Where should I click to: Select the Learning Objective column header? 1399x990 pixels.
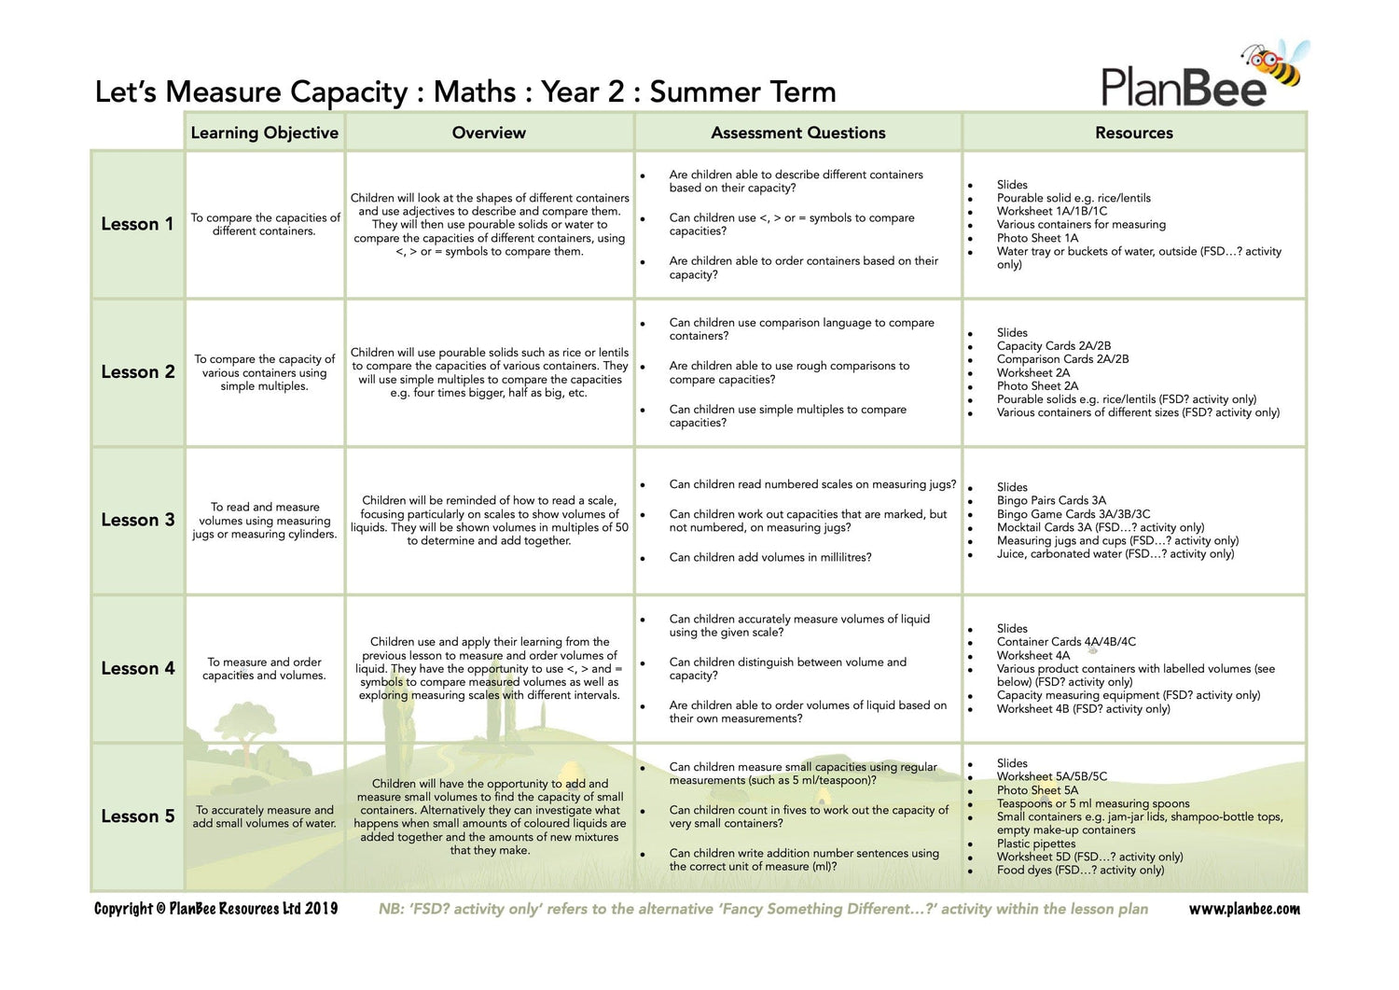[264, 132]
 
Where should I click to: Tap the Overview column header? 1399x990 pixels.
[489, 132]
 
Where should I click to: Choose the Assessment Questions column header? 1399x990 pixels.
[797, 132]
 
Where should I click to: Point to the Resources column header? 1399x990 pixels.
[1133, 132]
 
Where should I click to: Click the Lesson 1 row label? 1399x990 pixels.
[137, 224]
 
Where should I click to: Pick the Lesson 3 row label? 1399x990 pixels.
[137, 520]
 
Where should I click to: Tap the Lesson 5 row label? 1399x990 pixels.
[137, 816]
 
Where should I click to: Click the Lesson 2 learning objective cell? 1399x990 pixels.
[264, 372]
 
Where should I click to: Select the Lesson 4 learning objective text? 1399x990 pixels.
[264, 668]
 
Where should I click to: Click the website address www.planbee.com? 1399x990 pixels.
[1243, 909]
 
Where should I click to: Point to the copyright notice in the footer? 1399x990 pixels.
[215, 909]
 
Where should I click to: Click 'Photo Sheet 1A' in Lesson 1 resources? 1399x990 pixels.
[1037, 238]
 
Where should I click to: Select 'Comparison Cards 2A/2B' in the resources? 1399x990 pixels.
[1062, 359]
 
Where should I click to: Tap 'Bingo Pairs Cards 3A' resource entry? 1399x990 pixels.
[1051, 500]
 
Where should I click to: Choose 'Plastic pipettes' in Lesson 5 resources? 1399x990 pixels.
[1035, 844]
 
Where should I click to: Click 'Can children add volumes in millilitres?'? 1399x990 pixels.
[769, 557]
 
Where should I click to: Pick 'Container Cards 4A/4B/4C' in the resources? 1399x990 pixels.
[1066, 642]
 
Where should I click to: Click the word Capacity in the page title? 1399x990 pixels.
[349, 92]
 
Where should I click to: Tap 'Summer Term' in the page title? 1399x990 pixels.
[742, 92]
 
